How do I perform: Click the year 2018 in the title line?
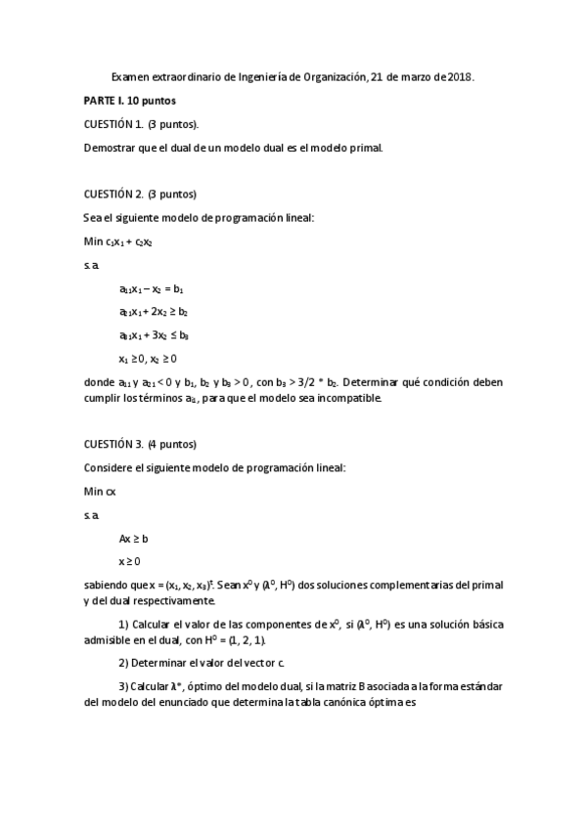(460, 76)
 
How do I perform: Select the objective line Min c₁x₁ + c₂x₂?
(118, 240)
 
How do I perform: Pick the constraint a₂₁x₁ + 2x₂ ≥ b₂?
(154, 312)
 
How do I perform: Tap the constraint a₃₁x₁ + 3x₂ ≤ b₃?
(154, 335)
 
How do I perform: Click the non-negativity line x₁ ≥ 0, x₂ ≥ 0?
(148, 359)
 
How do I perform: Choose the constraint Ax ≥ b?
(133, 539)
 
